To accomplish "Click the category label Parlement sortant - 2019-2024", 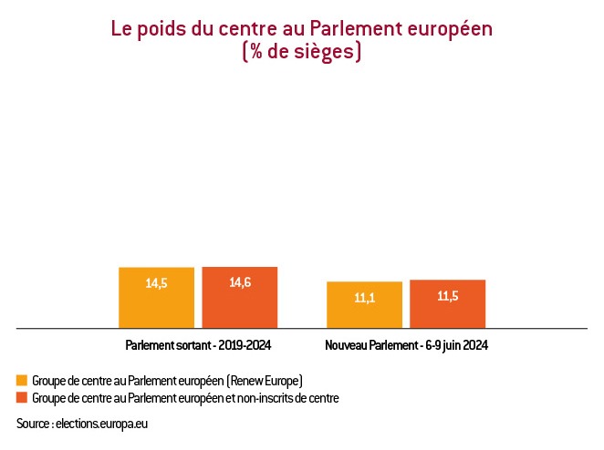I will tap(198, 346).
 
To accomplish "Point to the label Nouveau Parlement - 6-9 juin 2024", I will tap(406, 346).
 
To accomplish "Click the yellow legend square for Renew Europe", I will tap(22, 380).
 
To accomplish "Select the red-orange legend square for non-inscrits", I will tap(22, 398).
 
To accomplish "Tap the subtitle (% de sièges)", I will tap(302, 52).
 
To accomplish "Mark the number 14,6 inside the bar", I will tap(240, 282).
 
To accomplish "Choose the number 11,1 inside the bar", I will tap(364, 297).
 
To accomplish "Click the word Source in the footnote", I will tap(33, 424).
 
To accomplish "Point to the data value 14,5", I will tap(156, 283).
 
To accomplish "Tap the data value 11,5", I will tap(447, 296).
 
